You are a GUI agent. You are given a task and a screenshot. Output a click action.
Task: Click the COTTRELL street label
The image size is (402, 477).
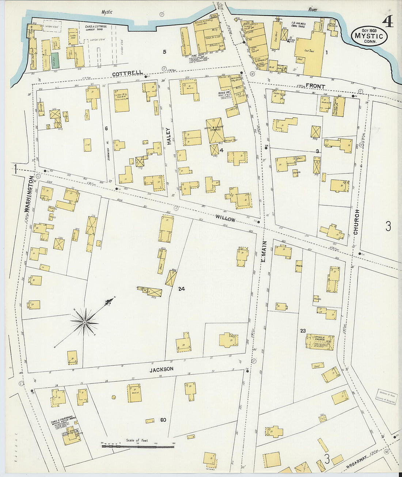(127, 73)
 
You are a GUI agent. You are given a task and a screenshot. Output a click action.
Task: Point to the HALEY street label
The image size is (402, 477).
(168, 136)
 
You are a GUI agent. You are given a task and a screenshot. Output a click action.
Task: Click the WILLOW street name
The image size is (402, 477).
(225, 218)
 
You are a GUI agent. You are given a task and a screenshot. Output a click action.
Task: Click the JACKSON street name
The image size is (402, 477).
(161, 369)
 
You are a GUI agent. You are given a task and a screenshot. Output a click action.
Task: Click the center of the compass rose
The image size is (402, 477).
(85, 322)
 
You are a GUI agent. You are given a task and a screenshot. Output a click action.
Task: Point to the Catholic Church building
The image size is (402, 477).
(320, 342)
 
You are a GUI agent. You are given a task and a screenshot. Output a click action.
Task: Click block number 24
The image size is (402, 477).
(181, 289)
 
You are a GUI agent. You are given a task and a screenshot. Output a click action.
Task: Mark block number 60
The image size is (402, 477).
(163, 420)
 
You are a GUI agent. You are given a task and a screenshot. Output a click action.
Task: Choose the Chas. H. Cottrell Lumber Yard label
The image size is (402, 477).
(96, 28)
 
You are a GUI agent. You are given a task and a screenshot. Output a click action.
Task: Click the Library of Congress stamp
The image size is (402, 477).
(386, 396)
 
